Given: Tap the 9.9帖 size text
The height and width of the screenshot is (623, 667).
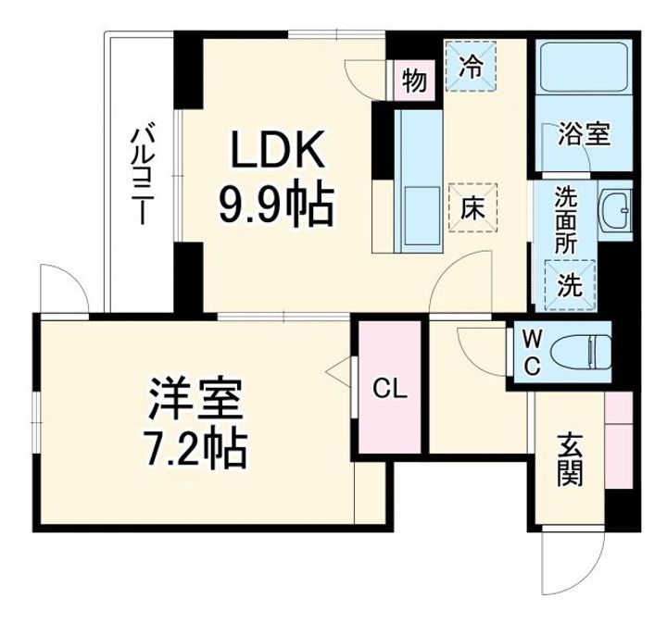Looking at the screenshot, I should [x=275, y=206].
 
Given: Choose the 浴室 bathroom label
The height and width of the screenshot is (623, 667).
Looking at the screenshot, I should [x=583, y=135].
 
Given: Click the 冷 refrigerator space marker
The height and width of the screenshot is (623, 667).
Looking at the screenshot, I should [x=472, y=68].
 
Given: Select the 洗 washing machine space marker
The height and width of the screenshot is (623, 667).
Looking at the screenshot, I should [x=570, y=284].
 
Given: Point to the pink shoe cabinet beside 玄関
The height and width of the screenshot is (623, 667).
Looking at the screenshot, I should [x=618, y=441].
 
